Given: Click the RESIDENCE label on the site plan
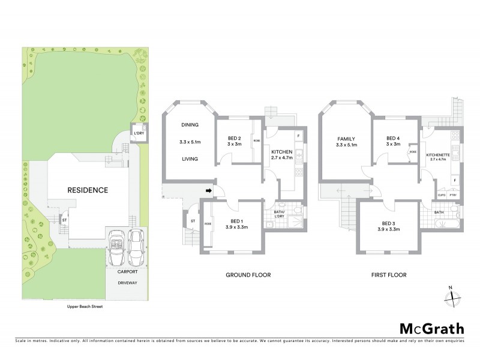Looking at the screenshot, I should (87, 190).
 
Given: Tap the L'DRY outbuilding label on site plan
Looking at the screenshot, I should (139, 133).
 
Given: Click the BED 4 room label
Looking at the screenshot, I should (392, 141).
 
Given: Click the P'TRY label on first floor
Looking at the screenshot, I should (453, 196).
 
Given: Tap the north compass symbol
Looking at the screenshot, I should (454, 296).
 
